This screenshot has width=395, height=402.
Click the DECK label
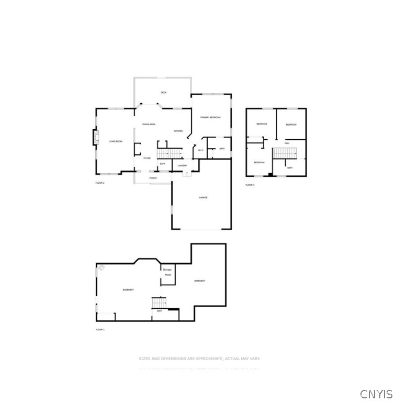click(x=163, y=93)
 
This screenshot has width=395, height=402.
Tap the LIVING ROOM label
click(x=115, y=141)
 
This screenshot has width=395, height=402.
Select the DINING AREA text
click(x=149, y=124)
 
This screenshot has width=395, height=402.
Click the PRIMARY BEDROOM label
click(x=210, y=117)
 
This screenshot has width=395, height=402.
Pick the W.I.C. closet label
click(x=200, y=151)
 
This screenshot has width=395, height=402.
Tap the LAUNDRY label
click(x=183, y=166)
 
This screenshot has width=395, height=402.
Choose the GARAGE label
click(x=203, y=197)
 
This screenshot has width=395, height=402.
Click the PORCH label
click(x=153, y=178)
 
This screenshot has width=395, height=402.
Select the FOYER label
click(x=147, y=158)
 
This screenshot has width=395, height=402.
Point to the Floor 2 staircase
click(x=169, y=153)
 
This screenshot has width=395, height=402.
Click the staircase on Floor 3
click(x=285, y=153)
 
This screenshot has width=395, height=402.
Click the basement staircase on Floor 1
click(x=159, y=303)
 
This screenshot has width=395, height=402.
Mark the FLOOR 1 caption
click(x=100, y=329)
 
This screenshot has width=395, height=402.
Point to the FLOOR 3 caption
click(x=250, y=185)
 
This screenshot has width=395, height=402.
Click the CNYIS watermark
click(x=376, y=393)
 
